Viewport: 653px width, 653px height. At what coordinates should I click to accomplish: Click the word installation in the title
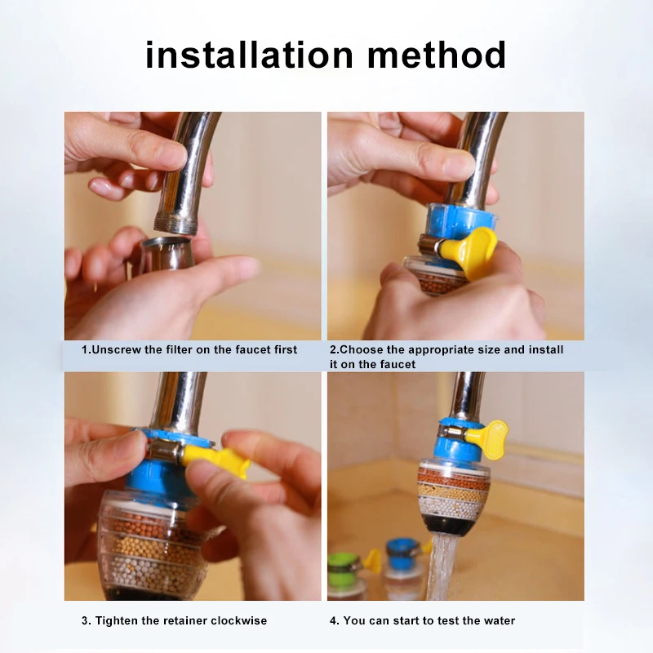(x=249, y=56)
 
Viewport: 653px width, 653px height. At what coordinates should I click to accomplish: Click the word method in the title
(x=437, y=56)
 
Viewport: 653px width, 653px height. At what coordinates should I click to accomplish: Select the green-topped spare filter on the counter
(x=344, y=571)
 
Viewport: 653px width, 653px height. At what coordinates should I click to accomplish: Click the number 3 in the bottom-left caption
(x=85, y=620)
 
